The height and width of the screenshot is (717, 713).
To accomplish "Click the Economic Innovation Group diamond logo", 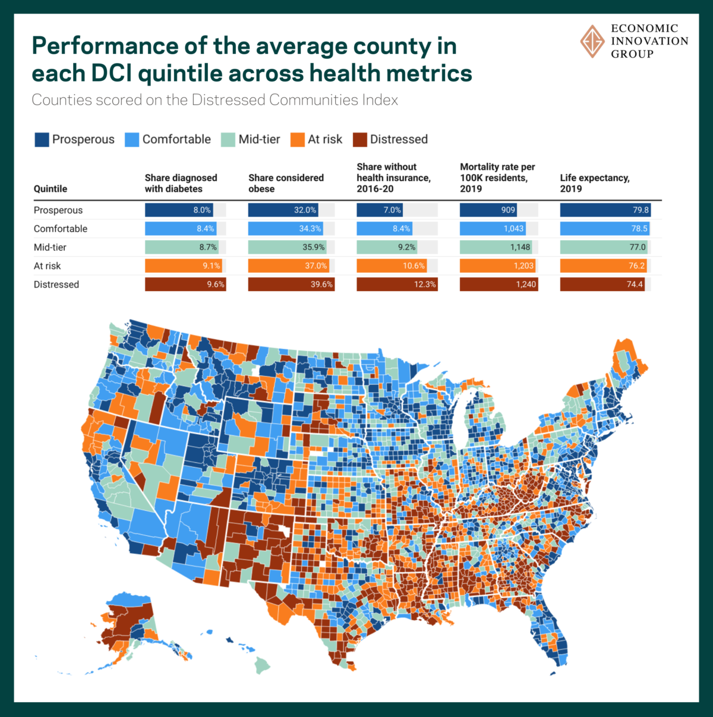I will click(x=592, y=41).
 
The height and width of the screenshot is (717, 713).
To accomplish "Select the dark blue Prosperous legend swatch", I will click(x=42, y=140).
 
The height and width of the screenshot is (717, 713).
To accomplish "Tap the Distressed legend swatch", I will click(x=359, y=140).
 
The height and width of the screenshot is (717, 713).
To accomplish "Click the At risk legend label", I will click(x=324, y=140).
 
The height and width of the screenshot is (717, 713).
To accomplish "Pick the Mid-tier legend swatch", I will click(x=228, y=140).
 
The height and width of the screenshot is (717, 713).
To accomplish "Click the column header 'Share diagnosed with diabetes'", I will click(x=181, y=183).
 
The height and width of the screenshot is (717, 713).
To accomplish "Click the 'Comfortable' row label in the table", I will click(x=60, y=229).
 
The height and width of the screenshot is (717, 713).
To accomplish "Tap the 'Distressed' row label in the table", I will click(x=56, y=285).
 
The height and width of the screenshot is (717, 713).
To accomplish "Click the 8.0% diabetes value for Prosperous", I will click(x=202, y=210).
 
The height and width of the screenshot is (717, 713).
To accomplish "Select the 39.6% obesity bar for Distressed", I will click(x=291, y=285).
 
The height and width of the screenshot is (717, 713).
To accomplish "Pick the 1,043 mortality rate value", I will click(x=513, y=229).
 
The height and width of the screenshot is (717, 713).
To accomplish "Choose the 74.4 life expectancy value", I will click(x=635, y=285).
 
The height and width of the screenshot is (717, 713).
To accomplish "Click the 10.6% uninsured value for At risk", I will click(x=414, y=266).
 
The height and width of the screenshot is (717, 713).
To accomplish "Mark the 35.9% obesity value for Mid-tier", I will click(x=314, y=247).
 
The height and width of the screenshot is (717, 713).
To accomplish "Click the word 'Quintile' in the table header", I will click(x=50, y=189).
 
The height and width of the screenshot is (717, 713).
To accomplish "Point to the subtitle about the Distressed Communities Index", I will click(x=214, y=100).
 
